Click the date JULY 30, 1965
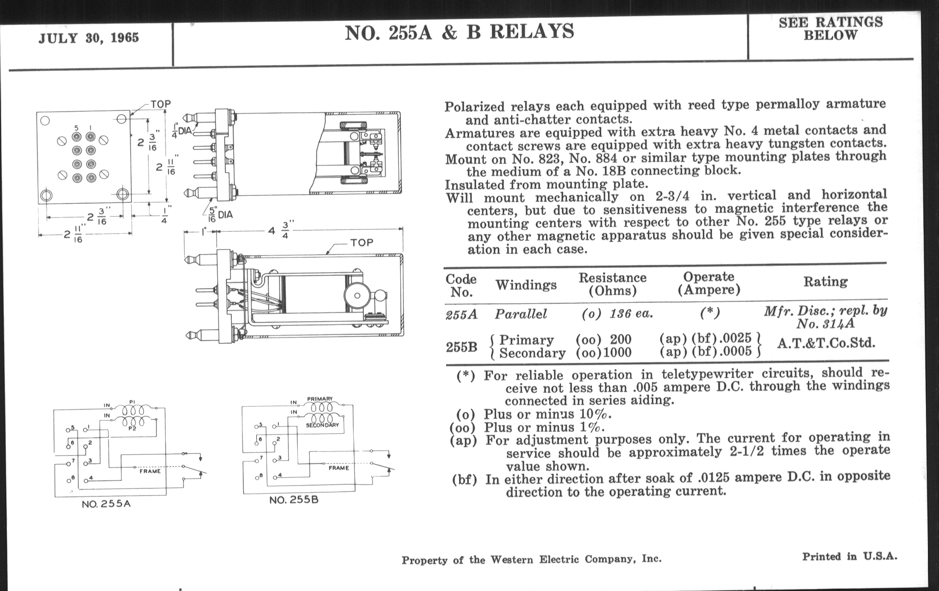[88, 38]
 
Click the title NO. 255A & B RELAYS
[459, 32]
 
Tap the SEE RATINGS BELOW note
[831, 29]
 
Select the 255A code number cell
[461, 314]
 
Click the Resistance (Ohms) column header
[612, 284]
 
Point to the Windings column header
[525, 285]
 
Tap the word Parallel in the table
[520, 314]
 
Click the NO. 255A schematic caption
[106, 504]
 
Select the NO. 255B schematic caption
[294, 500]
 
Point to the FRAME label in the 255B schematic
[339, 468]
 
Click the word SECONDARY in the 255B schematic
[322, 425]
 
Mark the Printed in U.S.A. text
[849, 557]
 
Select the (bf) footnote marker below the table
[464, 479]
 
